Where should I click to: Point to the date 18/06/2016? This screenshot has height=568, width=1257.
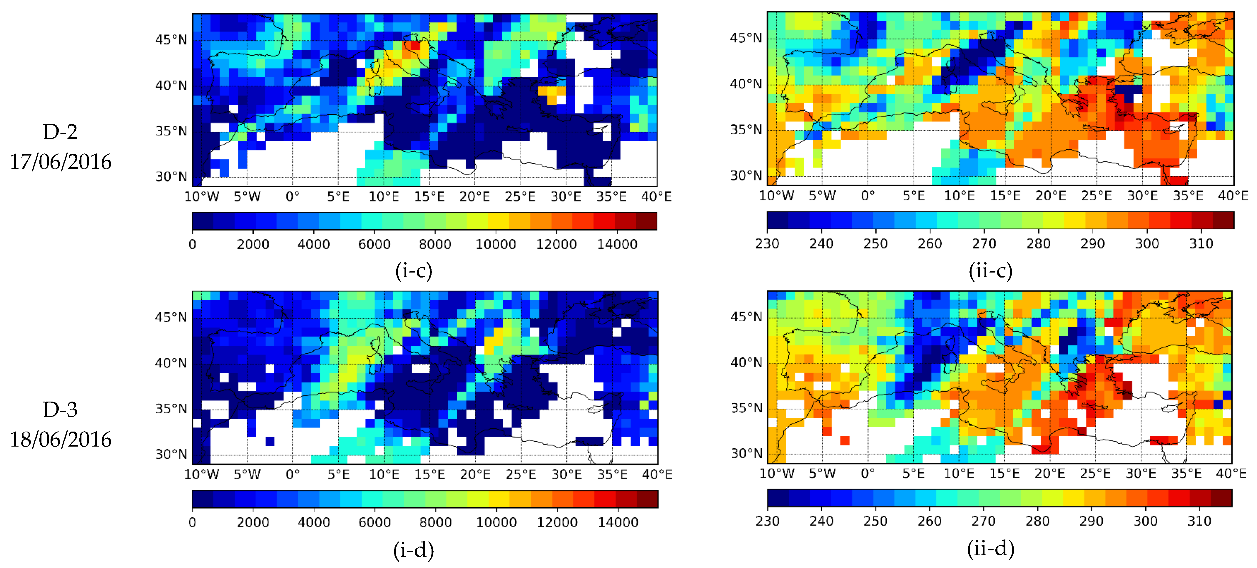61,440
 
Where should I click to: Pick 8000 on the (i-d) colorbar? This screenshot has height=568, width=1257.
435,522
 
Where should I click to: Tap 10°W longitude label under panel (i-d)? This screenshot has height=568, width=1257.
202,474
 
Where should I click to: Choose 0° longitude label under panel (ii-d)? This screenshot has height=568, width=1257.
867,473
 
